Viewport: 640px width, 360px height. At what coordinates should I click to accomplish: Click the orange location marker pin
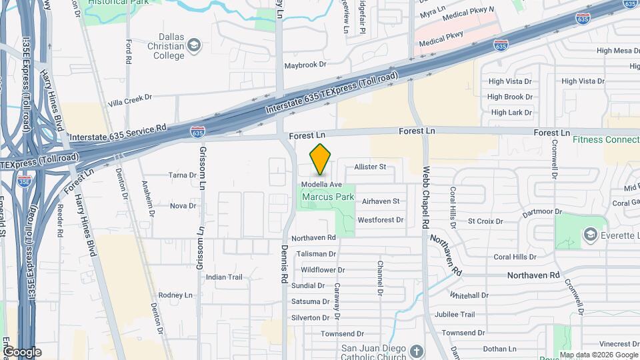[x=321, y=159]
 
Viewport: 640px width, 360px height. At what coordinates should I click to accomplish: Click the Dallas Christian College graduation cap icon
[x=194, y=45]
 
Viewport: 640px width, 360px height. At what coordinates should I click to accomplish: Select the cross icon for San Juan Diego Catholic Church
[x=416, y=351]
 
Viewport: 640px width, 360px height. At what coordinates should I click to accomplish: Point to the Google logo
[x=22, y=351]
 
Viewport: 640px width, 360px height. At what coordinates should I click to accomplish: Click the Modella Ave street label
[x=321, y=184]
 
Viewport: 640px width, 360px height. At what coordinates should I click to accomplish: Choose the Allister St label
[x=371, y=167]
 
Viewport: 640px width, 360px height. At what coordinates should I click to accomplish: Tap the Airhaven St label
[x=380, y=201]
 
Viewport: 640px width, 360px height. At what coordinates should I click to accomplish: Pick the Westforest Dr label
[x=381, y=219]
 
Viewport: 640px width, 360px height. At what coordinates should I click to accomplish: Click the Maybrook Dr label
[x=305, y=65]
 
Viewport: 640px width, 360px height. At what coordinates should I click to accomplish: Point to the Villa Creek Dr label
[x=130, y=100]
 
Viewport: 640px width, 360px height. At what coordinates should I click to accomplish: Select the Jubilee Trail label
[x=453, y=315]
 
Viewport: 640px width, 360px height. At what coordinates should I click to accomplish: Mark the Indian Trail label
[x=224, y=277]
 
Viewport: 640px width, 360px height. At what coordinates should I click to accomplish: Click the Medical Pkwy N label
[x=469, y=10]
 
